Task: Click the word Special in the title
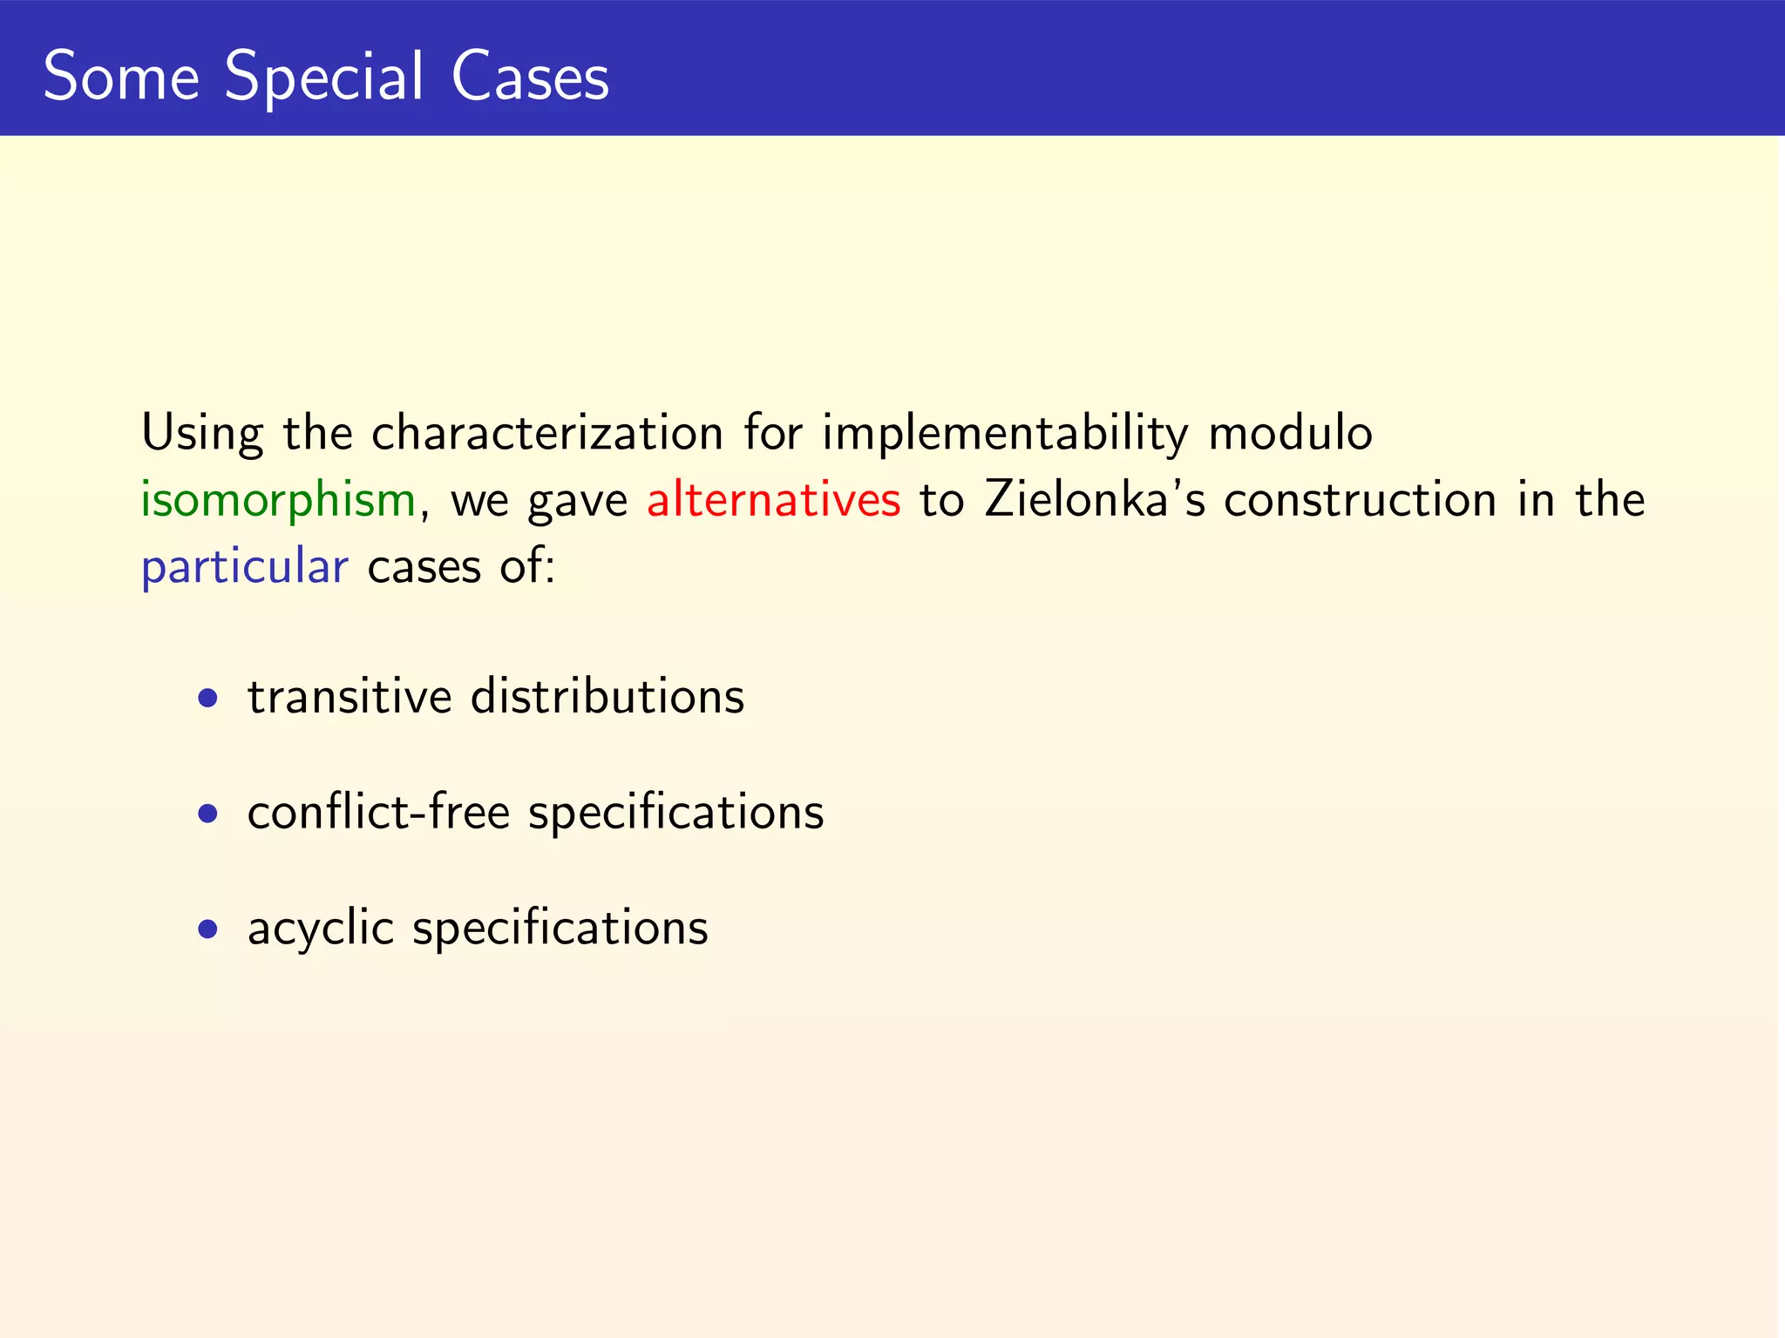point(324,77)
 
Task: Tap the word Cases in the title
point(530,77)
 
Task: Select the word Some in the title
point(121,77)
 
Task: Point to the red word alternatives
point(773,500)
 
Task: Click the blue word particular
point(245,567)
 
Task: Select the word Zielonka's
point(1095,500)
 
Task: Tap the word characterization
point(547,433)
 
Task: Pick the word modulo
point(1290,433)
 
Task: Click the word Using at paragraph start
point(202,433)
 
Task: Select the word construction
point(1360,500)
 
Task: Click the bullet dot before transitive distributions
point(207,698)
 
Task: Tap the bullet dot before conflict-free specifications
point(207,814)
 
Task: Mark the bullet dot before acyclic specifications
point(207,929)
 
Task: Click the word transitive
point(350,697)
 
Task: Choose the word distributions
point(607,697)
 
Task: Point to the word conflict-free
point(378,812)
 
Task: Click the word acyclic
point(321,928)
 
